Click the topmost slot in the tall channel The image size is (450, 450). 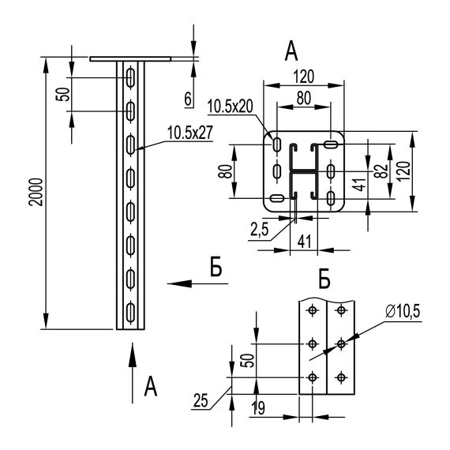pos(130,77)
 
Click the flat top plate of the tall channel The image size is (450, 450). pos(130,58)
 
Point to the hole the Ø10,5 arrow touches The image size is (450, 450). pos(341,343)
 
